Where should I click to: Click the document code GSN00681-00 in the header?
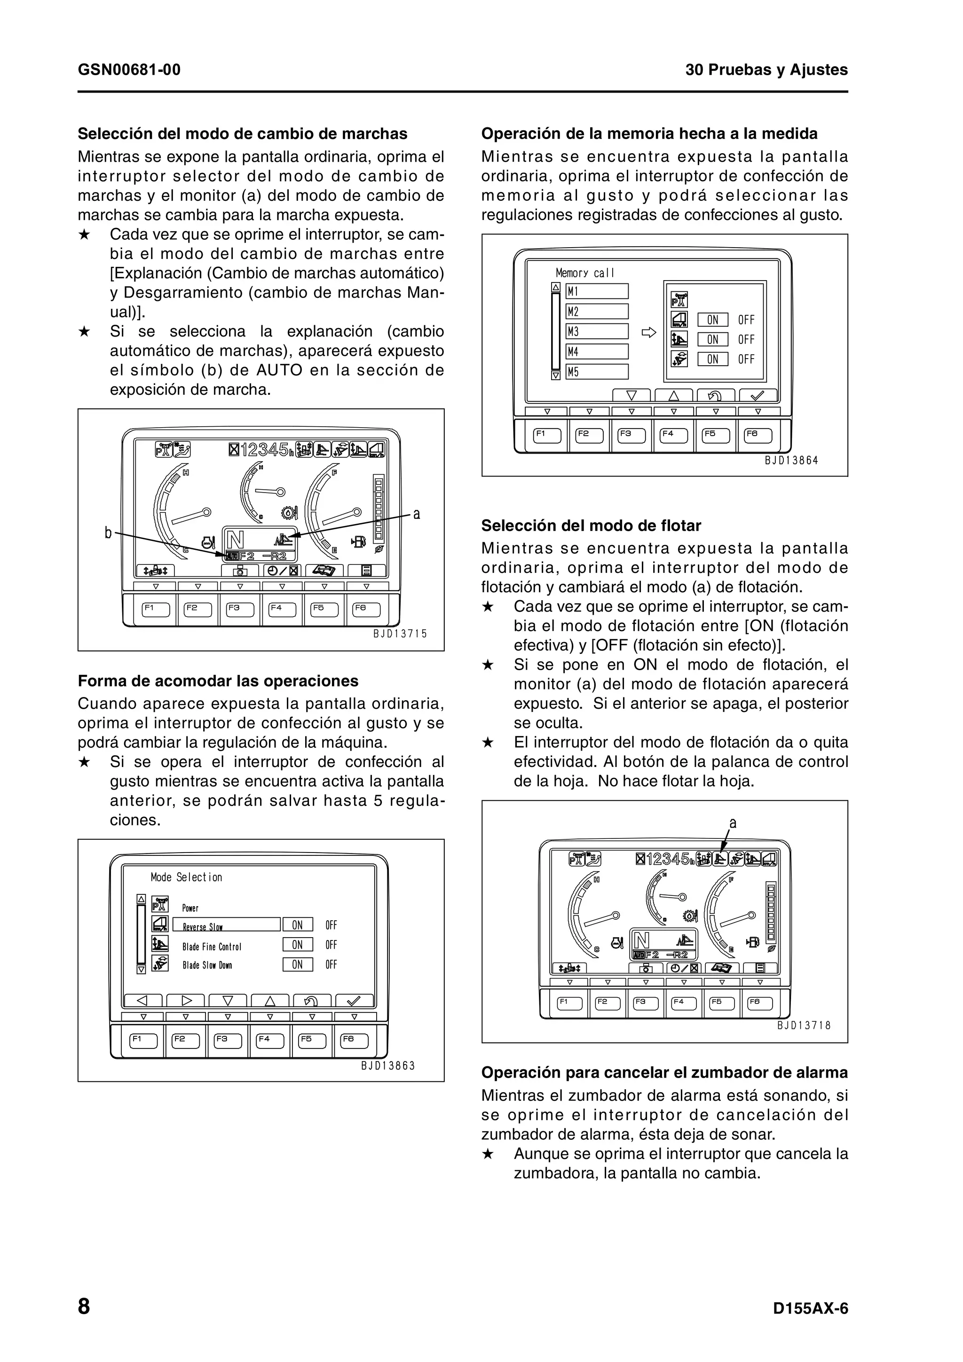[129, 70]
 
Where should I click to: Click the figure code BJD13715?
[400, 634]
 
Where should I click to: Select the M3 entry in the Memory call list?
[596, 332]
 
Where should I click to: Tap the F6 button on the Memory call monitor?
[758, 435]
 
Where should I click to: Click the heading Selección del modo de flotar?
[591, 525]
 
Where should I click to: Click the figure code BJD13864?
[791, 460]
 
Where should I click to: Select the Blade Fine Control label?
[212, 947]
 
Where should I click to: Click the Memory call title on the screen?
[584, 273]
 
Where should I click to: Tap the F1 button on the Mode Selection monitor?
[143, 1041]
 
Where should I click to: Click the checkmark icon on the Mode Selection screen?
[354, 1001]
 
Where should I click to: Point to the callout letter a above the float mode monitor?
[733, 823]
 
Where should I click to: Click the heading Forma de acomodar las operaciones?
[218, 681]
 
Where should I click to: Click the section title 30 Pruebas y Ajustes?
[766, 70]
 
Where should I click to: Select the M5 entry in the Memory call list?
[596, 372]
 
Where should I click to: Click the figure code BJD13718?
[804, 1025]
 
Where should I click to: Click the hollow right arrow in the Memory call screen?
[649, 333]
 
